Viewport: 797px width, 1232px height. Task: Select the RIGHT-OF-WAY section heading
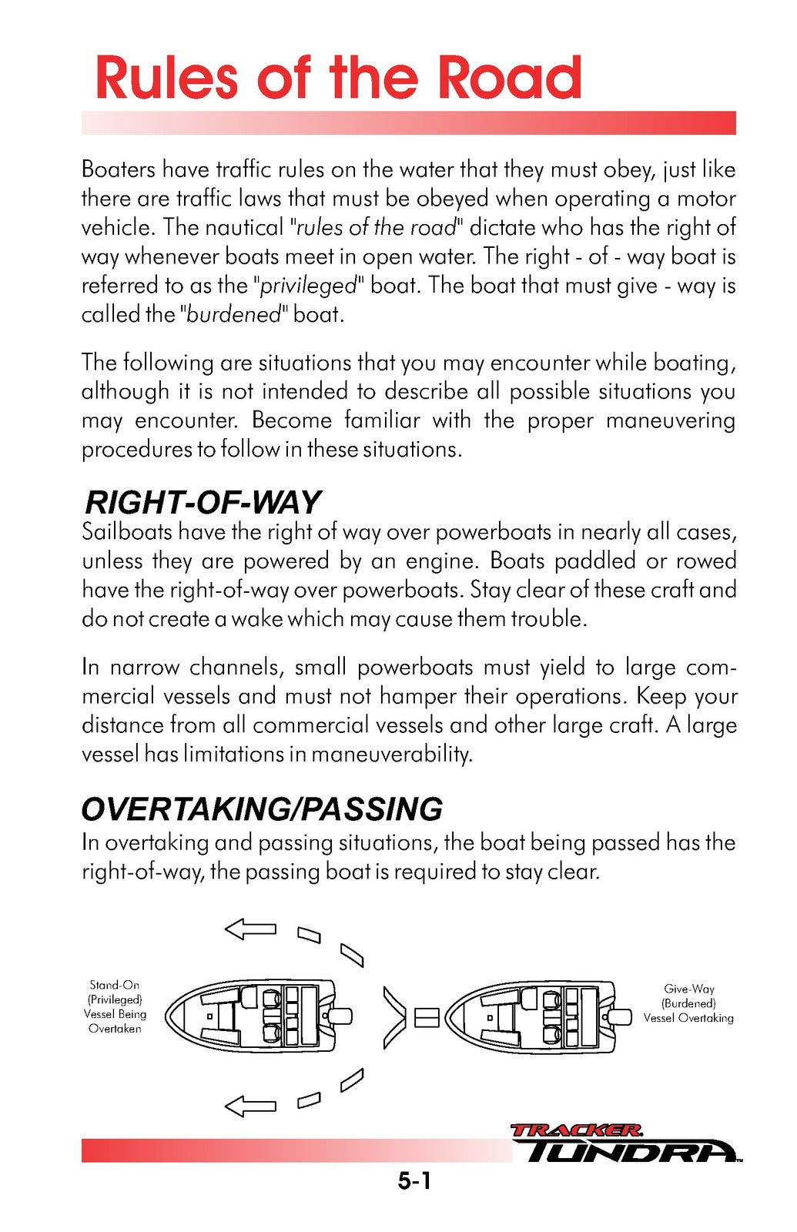coord(202,502)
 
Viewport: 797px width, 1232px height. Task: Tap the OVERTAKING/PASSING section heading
coord(262,809)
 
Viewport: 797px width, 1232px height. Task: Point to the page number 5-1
coord(414,1181)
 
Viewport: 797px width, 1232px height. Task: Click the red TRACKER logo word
coord(575,1130)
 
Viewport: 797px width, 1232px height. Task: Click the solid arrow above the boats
coord(250,929)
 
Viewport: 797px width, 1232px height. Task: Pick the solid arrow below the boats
coord(250,1106)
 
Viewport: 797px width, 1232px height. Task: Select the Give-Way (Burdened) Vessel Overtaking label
coord(688,1003)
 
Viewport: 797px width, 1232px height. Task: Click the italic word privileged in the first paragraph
coord(309,286)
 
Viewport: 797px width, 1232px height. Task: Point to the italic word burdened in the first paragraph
coord(234,315)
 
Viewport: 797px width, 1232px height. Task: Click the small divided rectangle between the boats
coord(426,1018)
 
